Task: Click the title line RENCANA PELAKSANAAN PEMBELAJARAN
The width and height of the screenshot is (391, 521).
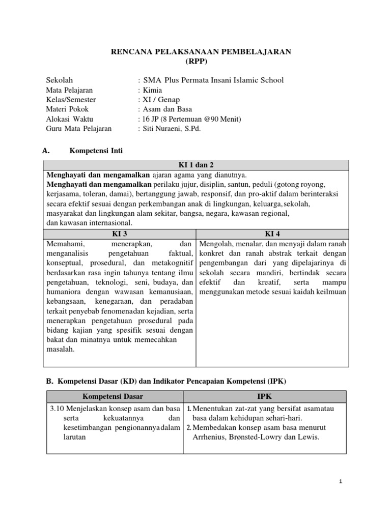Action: pyautogui.click(x=195, y=52)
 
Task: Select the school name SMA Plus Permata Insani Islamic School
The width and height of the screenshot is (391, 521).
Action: pyautogui.click(x=213, y=80)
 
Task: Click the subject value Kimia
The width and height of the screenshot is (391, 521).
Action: pyautogui.click(x=153, y=90)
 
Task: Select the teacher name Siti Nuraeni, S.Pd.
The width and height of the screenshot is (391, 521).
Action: pyautogui.click(x=172, y=129)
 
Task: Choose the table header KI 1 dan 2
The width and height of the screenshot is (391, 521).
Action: pyautogui.click(x=196, y=165)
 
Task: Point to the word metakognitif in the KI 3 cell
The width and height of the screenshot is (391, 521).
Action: pyautogui.click(x=172, y=263)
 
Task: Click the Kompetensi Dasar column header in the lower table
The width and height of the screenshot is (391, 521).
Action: pyautogui.click(x=114, y=396)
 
